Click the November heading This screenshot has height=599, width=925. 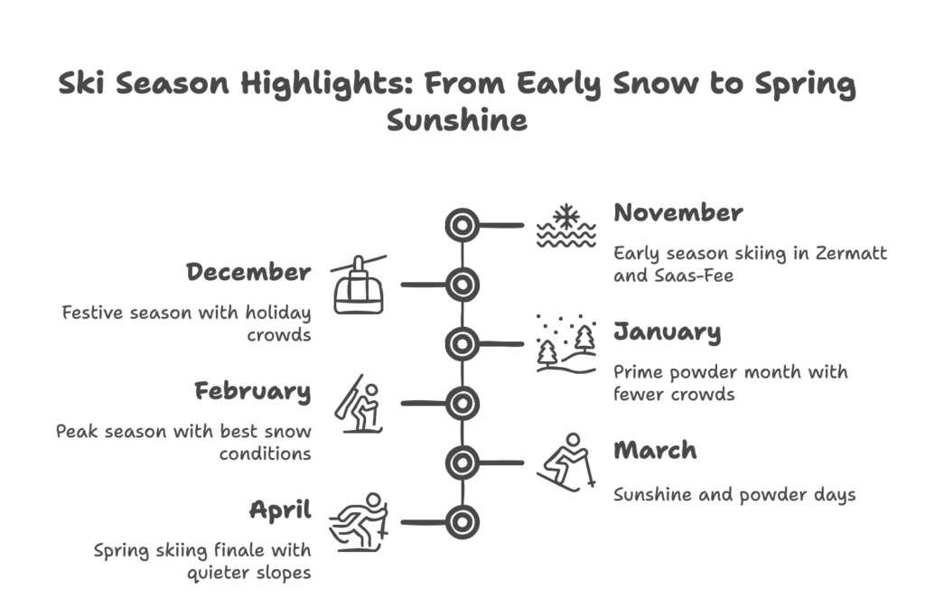(678, 213)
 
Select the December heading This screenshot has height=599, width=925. (248, 272)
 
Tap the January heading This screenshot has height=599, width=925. (668, 332)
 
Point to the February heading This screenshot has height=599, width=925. (253, 392)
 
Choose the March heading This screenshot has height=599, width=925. (656, 451)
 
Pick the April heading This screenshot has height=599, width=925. (280, 510)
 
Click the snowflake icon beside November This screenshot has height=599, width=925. (565, 226)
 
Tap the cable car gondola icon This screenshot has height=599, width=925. (359, 285)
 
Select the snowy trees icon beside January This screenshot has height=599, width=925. (566, 344)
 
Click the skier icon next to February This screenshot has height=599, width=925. (359, 404)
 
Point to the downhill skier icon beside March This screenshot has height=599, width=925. (566, 463)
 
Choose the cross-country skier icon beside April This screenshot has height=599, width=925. (359, 523)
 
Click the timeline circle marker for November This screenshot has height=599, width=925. (462, 225)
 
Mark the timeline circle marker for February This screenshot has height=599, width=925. (462, 404)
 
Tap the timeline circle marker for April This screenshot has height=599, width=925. (462, 522)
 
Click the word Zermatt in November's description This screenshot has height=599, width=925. (851, 253)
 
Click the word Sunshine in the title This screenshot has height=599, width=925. (457, 120)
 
